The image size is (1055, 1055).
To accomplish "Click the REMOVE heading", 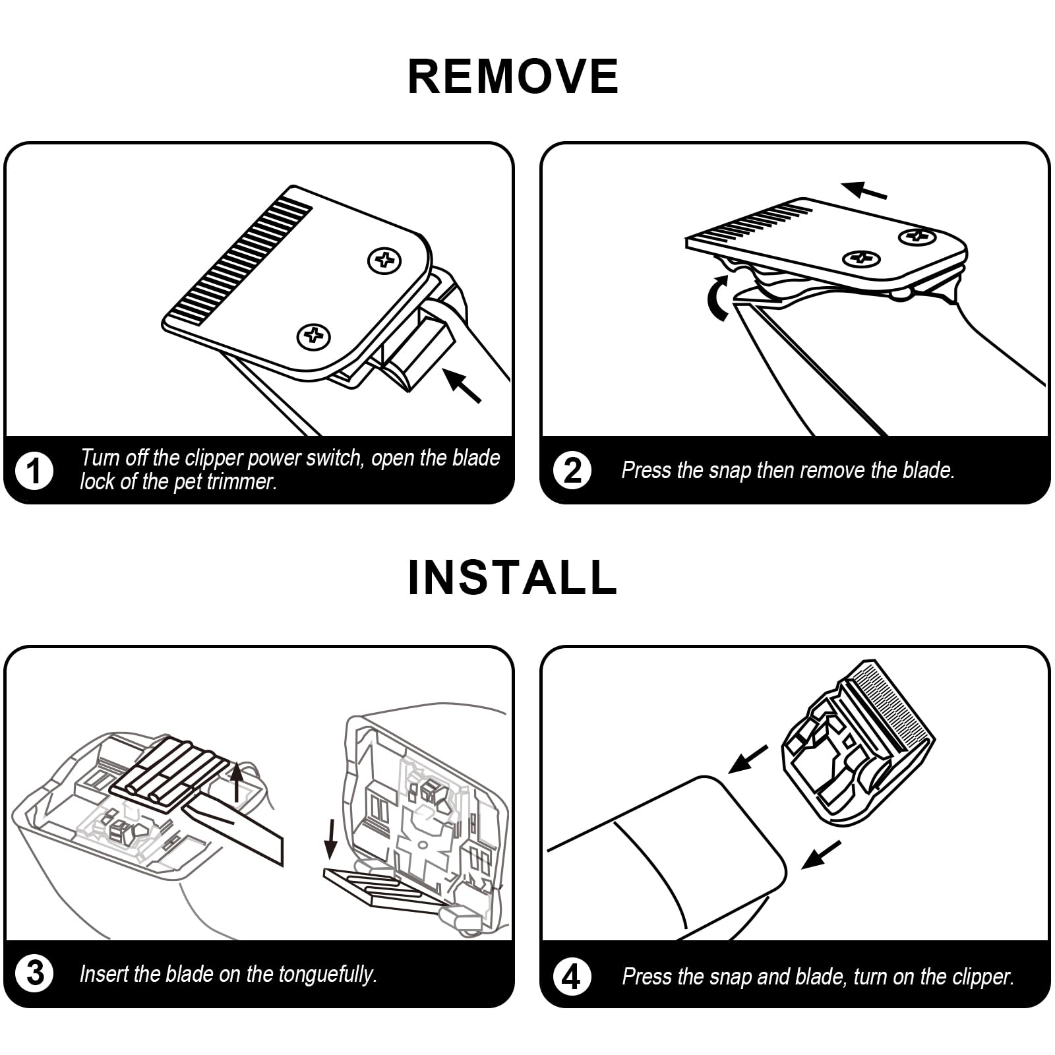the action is click(x=513, y=76).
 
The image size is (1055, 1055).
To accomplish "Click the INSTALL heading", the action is click(x=513, y=578).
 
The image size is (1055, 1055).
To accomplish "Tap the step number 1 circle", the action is click(x=34, y=470).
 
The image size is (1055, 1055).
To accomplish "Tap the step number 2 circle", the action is click(x=572, y=470).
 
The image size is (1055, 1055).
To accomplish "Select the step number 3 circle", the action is click(x=34, y=973).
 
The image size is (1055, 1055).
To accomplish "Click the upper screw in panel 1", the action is click(x=384, y=260).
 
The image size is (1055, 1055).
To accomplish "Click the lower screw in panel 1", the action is click(x=313, y=336).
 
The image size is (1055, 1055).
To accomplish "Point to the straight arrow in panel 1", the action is click(x=462, y=385).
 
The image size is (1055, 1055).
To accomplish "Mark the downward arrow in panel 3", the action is click(x=332, y=841).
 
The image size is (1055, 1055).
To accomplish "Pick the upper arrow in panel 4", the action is click(x=749, y=759).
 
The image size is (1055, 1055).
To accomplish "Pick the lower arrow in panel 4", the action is click(x=822, y=855).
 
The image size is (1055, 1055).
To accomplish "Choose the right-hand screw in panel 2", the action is click(x=917, y=236).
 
